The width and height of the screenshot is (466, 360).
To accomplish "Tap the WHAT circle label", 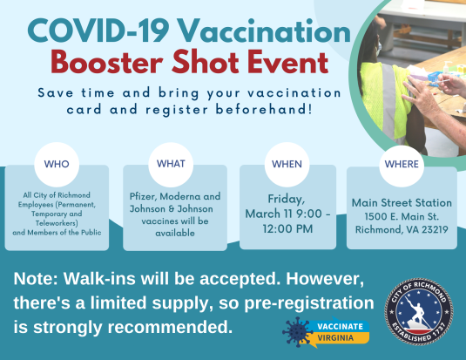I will pos(171,163).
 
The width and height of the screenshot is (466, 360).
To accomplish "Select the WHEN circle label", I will pos(287,163).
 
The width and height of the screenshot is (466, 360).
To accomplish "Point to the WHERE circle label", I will pos(402,163).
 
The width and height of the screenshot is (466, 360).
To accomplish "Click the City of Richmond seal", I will pos(419,310).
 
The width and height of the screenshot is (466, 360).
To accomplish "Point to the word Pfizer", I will pos(145,197).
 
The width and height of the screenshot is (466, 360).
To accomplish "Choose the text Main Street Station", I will pos(401,202).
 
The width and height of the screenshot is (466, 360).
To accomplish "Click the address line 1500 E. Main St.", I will pos(401,216).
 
